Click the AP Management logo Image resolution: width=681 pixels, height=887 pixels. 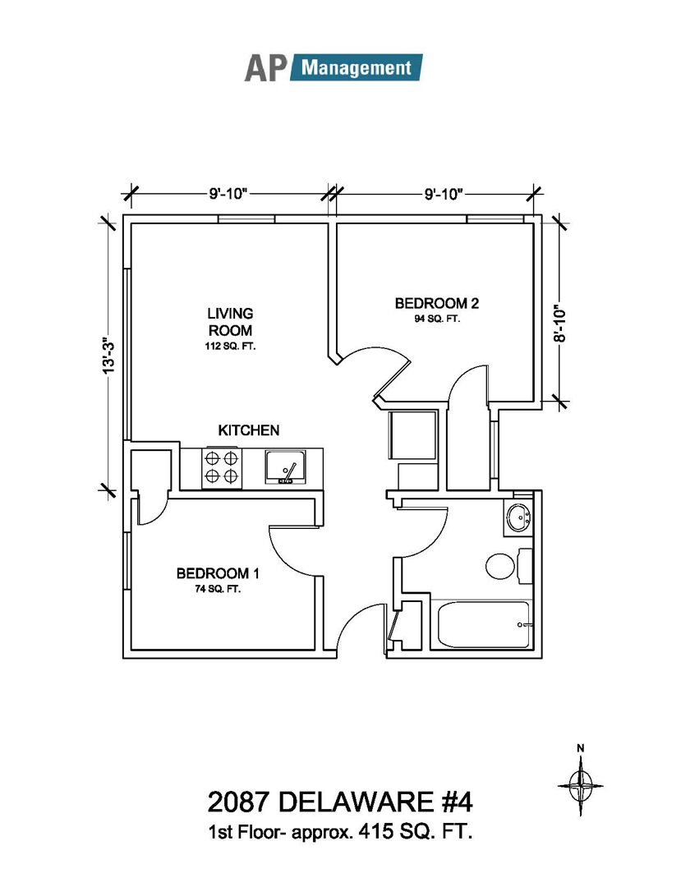[333, 67]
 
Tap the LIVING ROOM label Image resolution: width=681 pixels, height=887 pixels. [230, 321]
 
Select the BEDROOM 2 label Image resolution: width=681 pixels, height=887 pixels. [436, 303]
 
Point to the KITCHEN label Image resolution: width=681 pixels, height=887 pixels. [248, 430]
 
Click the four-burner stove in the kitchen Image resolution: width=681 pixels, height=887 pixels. [221, 468]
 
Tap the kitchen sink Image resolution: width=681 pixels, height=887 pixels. [284, 467]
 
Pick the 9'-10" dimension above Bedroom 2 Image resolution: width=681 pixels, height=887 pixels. [444, 194]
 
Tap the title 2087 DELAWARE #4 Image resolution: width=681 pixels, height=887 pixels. [340, 799]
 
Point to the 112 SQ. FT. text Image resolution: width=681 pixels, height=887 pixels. [230, 347]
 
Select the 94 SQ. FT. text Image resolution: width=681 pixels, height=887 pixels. [436, 319]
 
